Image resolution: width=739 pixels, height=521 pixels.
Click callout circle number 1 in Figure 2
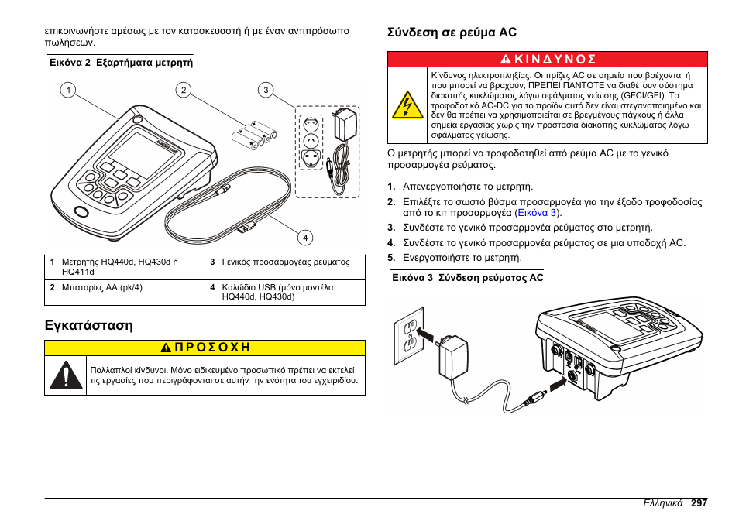point(69,91)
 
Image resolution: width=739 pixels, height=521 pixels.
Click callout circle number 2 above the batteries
point(183,91)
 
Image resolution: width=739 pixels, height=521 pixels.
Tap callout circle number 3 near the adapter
point(266,91)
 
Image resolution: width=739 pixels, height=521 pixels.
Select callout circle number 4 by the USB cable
point(305,237)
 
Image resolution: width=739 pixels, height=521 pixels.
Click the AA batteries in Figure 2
point(254,135)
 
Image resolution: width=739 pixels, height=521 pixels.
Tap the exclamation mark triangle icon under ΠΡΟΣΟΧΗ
point(66,375)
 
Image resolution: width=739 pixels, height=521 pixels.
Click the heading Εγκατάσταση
point(88,325)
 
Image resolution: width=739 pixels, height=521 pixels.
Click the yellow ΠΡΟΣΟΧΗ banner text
point(205,348)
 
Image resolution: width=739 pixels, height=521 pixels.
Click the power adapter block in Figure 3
point(451,360)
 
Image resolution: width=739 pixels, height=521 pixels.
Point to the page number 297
point(699,502)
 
